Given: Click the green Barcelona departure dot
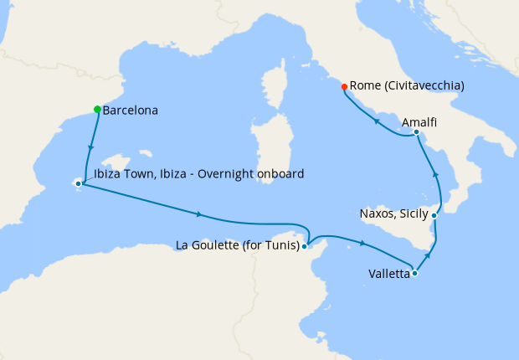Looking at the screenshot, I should pos(98,110).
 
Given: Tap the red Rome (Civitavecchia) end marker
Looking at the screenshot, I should pos(344,86).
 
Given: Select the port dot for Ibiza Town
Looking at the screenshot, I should pos(78,183).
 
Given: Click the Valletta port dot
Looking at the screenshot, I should pos(414,273).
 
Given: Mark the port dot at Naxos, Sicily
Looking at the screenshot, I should pos(434,215).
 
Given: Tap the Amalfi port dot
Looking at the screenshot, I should pos(416,132).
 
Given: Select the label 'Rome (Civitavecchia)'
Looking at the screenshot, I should pos(407,85).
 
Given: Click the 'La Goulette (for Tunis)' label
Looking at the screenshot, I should pos(238,245).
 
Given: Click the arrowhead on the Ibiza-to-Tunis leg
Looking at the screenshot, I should pos(198,213).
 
